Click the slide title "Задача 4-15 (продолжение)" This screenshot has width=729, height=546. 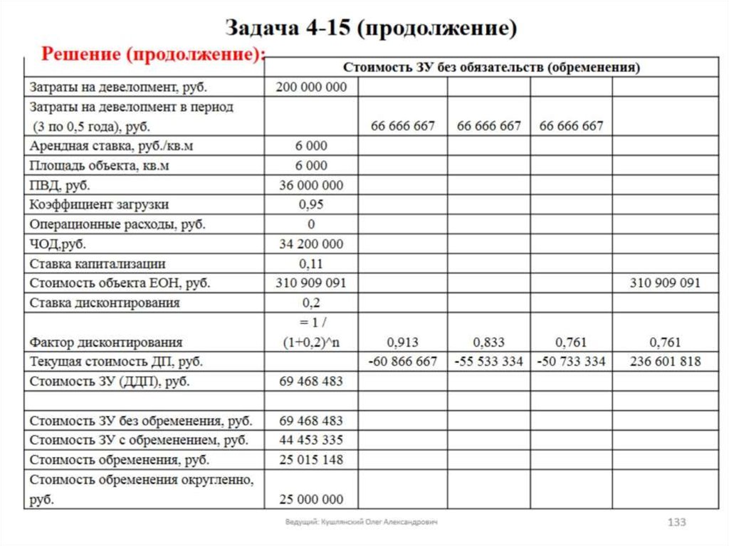pos(370,28)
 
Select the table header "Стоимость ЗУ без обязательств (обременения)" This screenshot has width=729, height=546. pos(491,68)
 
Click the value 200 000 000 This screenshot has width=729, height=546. pos(311,87)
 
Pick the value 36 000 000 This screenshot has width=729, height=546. pos(311,185)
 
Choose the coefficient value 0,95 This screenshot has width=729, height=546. pos(311,204)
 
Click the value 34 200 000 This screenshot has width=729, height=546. pos(311,244)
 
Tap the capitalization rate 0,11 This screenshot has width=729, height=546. pos(311,263)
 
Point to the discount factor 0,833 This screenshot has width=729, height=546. pos(488,342)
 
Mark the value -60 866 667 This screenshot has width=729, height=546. pos(403,362)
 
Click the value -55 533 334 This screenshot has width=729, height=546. pos(489,362)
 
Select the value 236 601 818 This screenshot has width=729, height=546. pos(665,362)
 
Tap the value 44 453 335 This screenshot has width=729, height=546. pos(311,440)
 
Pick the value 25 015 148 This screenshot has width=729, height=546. pos(311,459)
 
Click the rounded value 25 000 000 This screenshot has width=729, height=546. pos(311,499)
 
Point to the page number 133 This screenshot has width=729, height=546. pos(676,523)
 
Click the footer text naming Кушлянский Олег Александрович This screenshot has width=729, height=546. pos(362,523)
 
